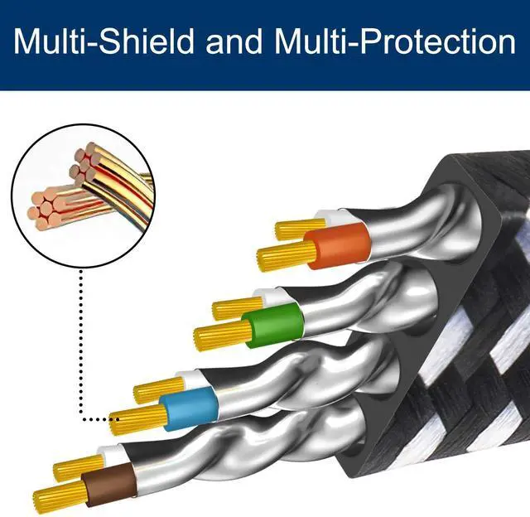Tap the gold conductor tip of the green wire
pos(223,334)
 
